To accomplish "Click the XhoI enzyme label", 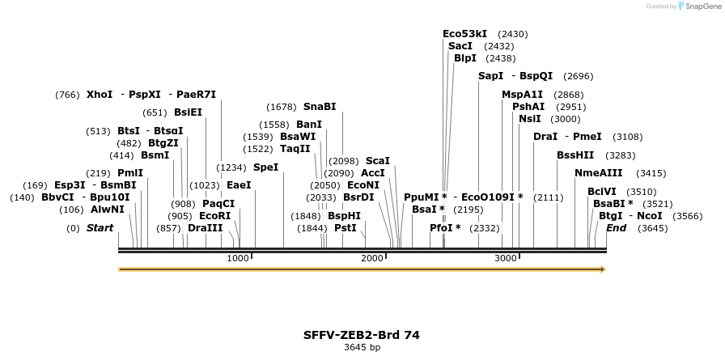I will point(100,95).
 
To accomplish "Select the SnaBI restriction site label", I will point(320,107).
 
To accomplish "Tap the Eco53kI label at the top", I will point(464,34).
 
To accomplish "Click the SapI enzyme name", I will point(490,76).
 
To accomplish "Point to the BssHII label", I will point(575,155).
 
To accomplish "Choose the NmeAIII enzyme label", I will point(599,173).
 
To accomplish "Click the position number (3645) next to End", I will point(652,228).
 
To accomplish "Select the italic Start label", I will point(100,228).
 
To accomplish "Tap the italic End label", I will point(616,228).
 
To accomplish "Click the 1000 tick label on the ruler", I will point(238,258).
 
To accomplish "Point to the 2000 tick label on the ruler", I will point(372,258).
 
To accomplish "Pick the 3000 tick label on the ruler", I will point(506,258).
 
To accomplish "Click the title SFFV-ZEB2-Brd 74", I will point(362,335).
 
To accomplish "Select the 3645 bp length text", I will point(362,348).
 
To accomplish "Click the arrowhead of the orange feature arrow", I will point(601,269).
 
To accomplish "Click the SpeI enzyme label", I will point(265,167).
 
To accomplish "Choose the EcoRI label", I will point(214,216).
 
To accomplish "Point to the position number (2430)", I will point(513,34).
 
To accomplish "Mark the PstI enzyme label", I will point(345,228).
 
